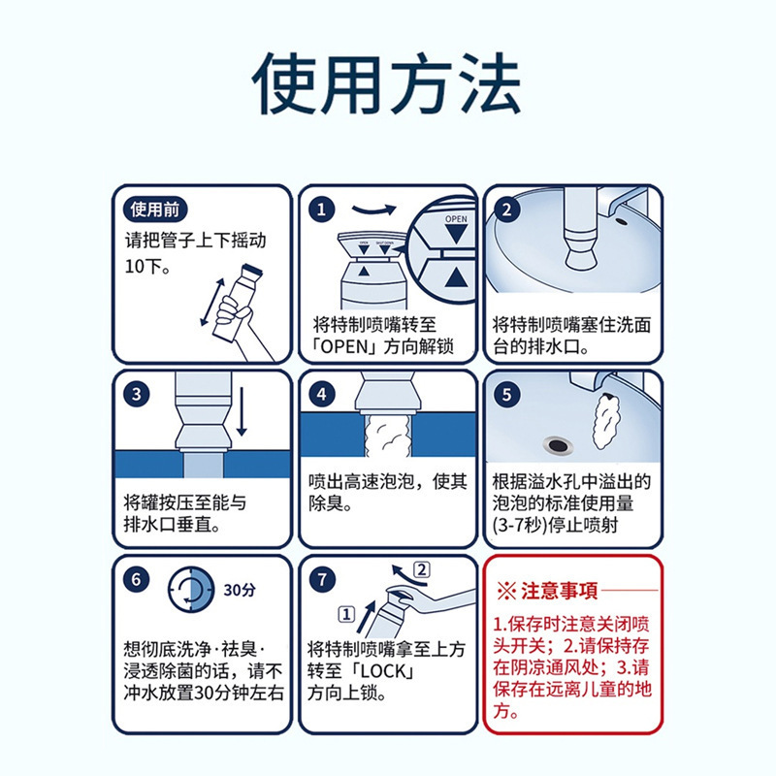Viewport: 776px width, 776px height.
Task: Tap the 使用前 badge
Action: [156, 210]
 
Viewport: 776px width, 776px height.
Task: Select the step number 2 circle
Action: [506, 210]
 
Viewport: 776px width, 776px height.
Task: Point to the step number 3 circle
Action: [139, 395]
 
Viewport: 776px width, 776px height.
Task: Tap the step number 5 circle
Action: [506, 395]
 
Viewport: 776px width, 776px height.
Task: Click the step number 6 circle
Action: [139, 581]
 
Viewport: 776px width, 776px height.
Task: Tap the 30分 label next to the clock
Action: [240, 589]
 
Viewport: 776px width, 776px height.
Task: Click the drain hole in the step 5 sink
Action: [557, 444]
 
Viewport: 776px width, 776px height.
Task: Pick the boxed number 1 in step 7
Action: [343, 613]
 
